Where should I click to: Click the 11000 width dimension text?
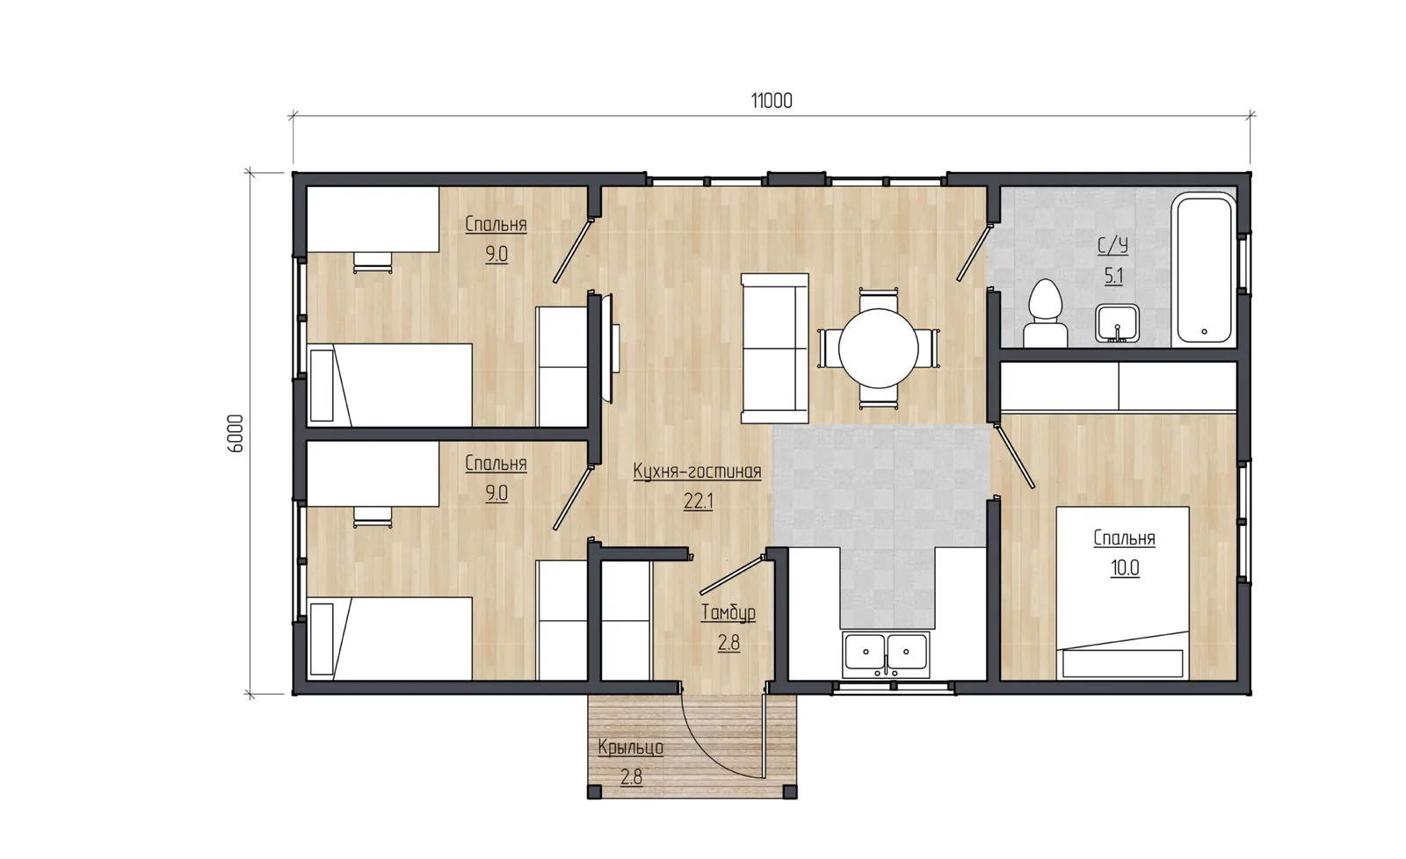click(772, 100)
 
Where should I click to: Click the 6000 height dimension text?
click(235, 433)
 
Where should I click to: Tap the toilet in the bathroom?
click(1045, 313)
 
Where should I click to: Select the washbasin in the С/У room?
click(1117, 323)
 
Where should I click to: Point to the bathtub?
click(1204, 269)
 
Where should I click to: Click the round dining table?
click(878, 348)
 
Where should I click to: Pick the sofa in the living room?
click(774, 348)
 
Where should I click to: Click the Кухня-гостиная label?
click(698, 472)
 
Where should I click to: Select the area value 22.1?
click(698, 502)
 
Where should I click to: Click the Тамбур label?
click(728, 613)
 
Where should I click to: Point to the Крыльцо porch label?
click(631, 747)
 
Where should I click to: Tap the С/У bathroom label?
click(1112, 246)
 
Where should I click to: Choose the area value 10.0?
click(1125, 568)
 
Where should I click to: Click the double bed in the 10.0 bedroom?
click(1123, 593)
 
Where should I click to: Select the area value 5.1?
click(1113, 276)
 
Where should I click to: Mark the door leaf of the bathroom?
click(974, 252)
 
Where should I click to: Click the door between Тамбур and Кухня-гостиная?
click(733, 574)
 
